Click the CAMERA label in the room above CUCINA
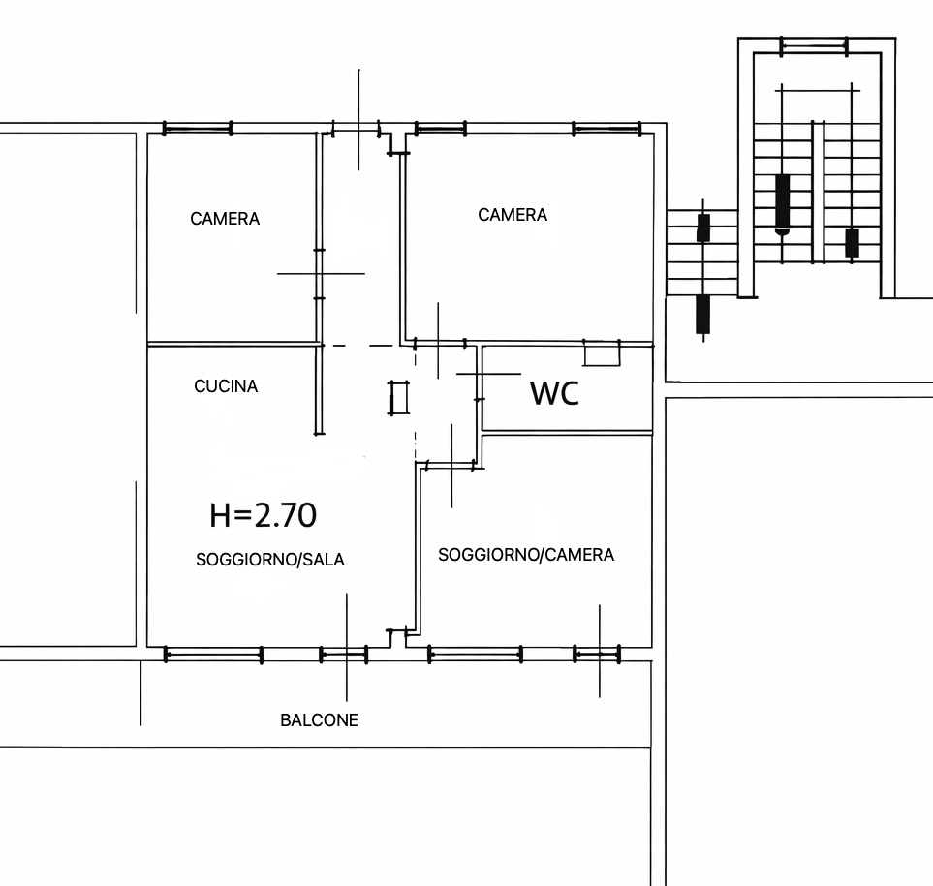(x=225, y=219)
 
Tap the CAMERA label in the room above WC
(x=513, y=215)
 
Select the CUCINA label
(x=226, y=386)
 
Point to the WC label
(x=554, y=393)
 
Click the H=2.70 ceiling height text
(x=263, y=515)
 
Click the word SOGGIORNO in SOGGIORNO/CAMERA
(x=488, y=555)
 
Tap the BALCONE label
(x=319, y=720)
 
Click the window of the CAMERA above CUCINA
(x=197, y=128)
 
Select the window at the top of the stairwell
(x=814, y=46)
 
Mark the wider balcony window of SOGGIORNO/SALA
(x=213, y=656)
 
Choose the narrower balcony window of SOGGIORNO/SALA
(x=344, y=656)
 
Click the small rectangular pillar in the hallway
(x=398, y=397)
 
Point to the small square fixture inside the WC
(x=602, y=352)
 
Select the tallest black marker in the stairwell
(x=783, y=202)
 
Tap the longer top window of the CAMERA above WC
(x=606, y=129)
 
